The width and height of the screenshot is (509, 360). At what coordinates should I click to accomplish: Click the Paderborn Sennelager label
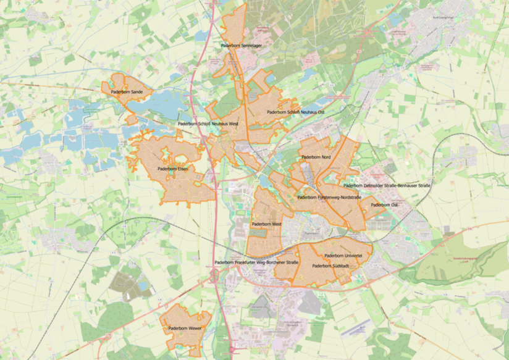tap(241, 46)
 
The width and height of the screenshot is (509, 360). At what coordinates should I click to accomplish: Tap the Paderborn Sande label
tap(127, 92)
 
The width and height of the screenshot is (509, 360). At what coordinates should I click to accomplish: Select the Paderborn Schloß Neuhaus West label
tap(208, 124)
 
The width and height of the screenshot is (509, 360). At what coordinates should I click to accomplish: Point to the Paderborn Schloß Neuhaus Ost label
tap(295, 112)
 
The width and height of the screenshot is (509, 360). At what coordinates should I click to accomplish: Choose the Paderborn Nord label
tap(316, 157)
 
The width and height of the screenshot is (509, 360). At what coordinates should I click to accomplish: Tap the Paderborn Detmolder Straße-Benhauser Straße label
tap(387, 185)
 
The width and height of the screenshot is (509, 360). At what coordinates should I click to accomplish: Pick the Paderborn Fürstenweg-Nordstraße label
tap(329, 198)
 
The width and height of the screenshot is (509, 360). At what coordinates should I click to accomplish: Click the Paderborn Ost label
tap(384, 205)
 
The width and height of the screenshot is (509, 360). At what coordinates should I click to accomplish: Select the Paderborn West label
tap(266, 224)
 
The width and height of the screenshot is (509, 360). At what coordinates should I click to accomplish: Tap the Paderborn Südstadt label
tap(331, 266)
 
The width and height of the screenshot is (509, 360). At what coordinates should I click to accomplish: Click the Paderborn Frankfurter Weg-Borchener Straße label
tap(256, 262)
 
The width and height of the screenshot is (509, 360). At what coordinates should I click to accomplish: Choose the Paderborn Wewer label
tap(185, 329)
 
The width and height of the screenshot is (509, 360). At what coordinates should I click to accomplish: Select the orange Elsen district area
tap(179, 188)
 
